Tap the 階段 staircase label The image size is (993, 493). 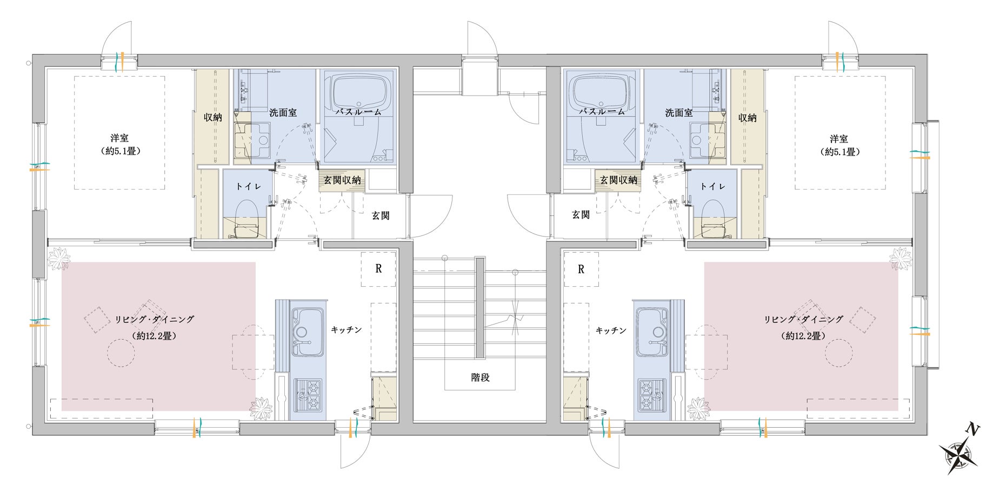tap(481, 377)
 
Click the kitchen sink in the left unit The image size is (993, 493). tap(307, 332)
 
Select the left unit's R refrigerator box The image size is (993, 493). tap(378, 268)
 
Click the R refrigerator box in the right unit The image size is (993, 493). tap(581, 268)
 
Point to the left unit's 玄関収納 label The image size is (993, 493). tap(342, 180)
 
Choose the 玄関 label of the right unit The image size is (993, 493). tap(581, 215)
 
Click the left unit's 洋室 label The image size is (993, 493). tap(119, 139)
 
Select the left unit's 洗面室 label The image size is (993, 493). tap(283, 113)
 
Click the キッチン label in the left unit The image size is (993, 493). tap(346, 330)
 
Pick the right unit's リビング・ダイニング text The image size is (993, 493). tap(803, 320)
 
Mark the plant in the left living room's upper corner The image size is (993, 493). tap(58, 258)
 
